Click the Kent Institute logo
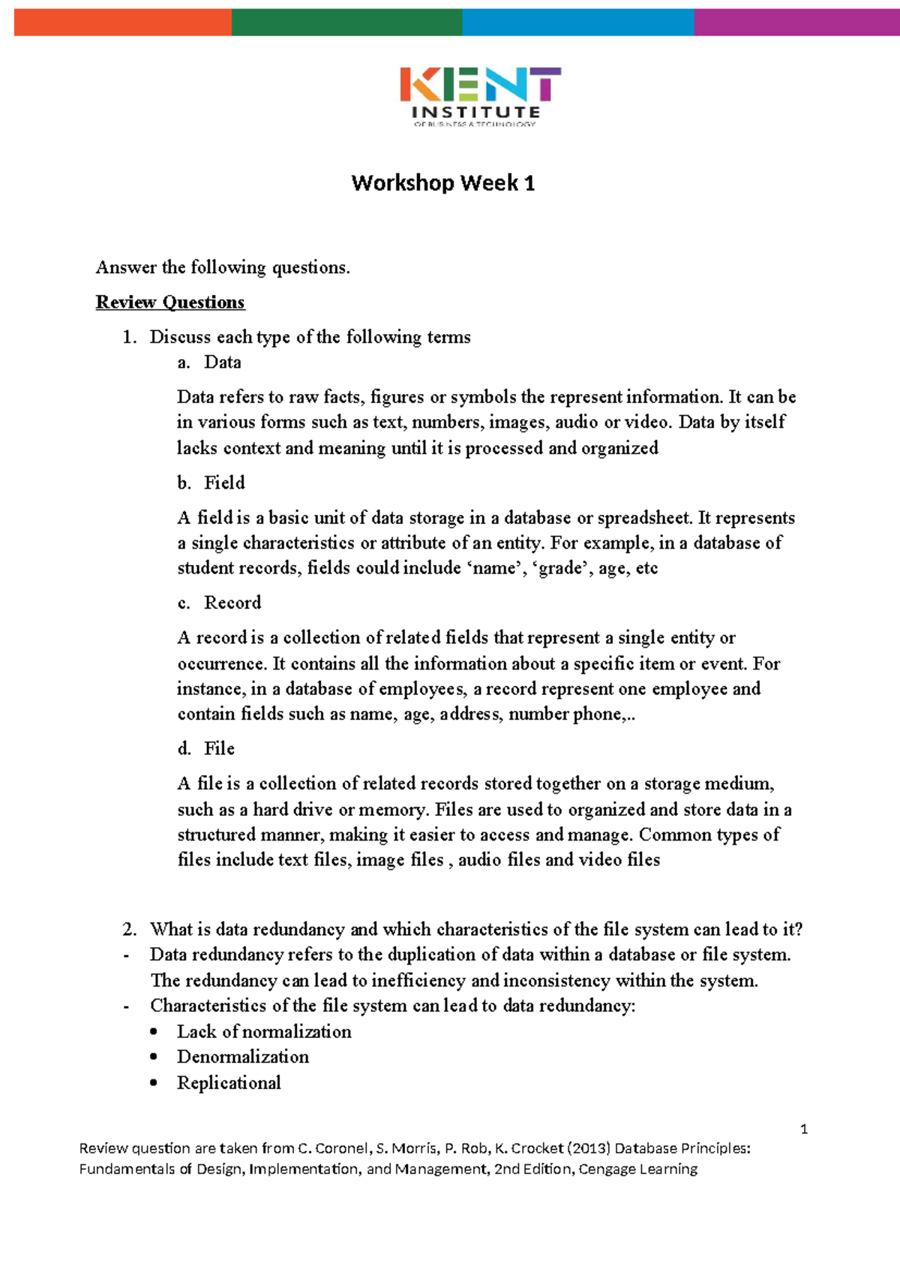click(480, 96)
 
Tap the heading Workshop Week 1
click(442, 183)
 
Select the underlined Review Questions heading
click(170, 302)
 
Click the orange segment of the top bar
click(122, 23)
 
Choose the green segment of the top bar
click(346, 23)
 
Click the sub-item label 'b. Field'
click(211, 483)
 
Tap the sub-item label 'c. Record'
click(219, 603)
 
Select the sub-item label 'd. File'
click(206, 748)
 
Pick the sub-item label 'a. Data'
click(209, 363)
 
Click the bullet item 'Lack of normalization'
click(264, 1032)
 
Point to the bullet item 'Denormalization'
click(243, 1057)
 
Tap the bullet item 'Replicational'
click(229, 1083)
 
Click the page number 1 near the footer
click(804, 1129)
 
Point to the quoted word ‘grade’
click(559, 568)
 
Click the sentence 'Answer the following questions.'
click(223, 268)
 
